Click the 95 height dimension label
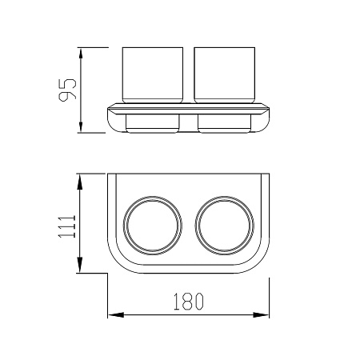click(67, 90)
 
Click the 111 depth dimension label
click(67, 226)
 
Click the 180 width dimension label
click(189, 302)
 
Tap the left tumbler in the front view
click(153, 75)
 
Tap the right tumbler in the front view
click(225, 75)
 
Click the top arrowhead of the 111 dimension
click(80, 182)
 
